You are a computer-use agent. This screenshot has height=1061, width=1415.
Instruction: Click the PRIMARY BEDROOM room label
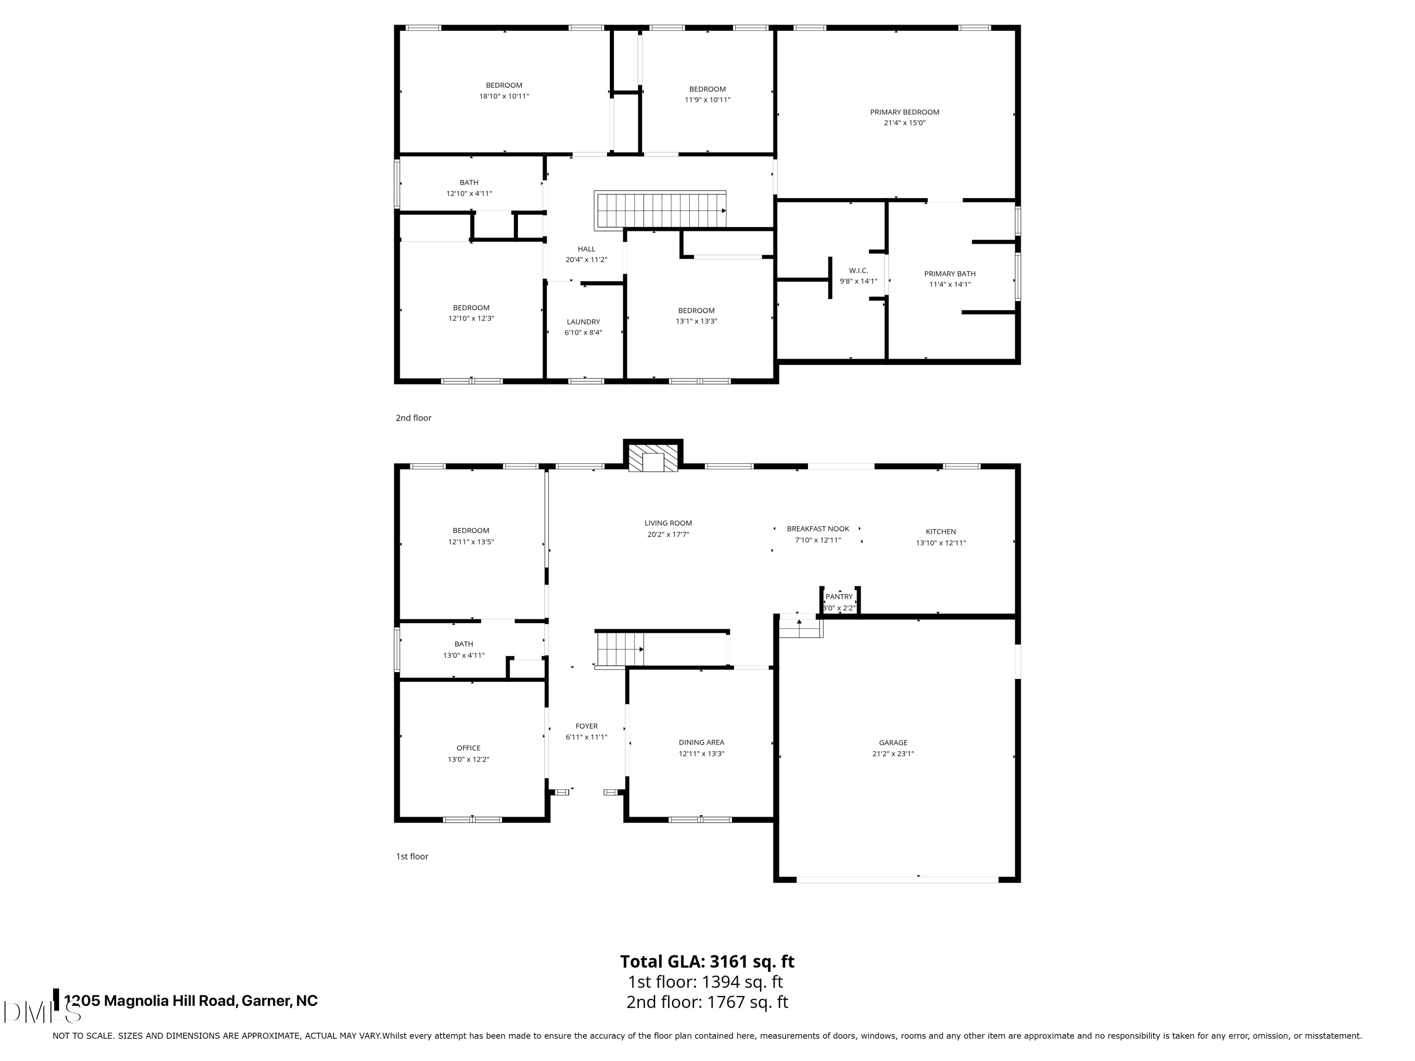pyautogui.click(x=905, y=112)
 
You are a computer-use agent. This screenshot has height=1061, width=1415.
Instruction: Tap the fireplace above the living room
pyautogui.click(x=653, y=456)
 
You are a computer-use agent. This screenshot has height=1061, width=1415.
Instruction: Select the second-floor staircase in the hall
pyautogui.click(x=660, y=210)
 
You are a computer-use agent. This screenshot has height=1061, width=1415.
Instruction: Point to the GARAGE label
pyautogui.click(x=893, y=743)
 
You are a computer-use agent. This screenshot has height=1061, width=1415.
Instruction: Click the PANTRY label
pyautogui.click(x=839, y=597)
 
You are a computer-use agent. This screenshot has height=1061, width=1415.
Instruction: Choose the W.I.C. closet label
pyautogui.click(x=858, y=271)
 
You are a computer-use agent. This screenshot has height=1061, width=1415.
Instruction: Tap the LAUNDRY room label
pyautogui.click(x=583, y=322)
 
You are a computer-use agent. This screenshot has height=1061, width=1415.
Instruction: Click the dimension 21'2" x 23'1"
pyautogui.click(x=893, y=754)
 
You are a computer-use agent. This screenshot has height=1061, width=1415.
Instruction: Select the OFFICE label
pyautogui.click(x=468, y=747)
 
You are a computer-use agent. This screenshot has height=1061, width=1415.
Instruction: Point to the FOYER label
pyautogui.click(x=587, y=726)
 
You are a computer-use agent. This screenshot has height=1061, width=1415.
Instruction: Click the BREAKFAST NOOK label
pyautogui.click(x=818, y=529)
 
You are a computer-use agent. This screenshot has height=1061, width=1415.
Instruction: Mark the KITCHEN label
pyautogui.click(x=941, y=531)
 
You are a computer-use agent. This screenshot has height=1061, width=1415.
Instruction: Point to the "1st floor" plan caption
pyautogui.click(x=412, y=856)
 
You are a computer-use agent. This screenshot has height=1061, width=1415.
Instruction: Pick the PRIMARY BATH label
pyautogui.click(x=950, y=274)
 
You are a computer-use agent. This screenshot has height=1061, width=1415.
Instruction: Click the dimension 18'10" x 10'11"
pyautogui.click(x=504, y=96)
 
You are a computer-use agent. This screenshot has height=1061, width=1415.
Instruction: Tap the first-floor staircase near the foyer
pyautogui.click(x=619, y=648)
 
